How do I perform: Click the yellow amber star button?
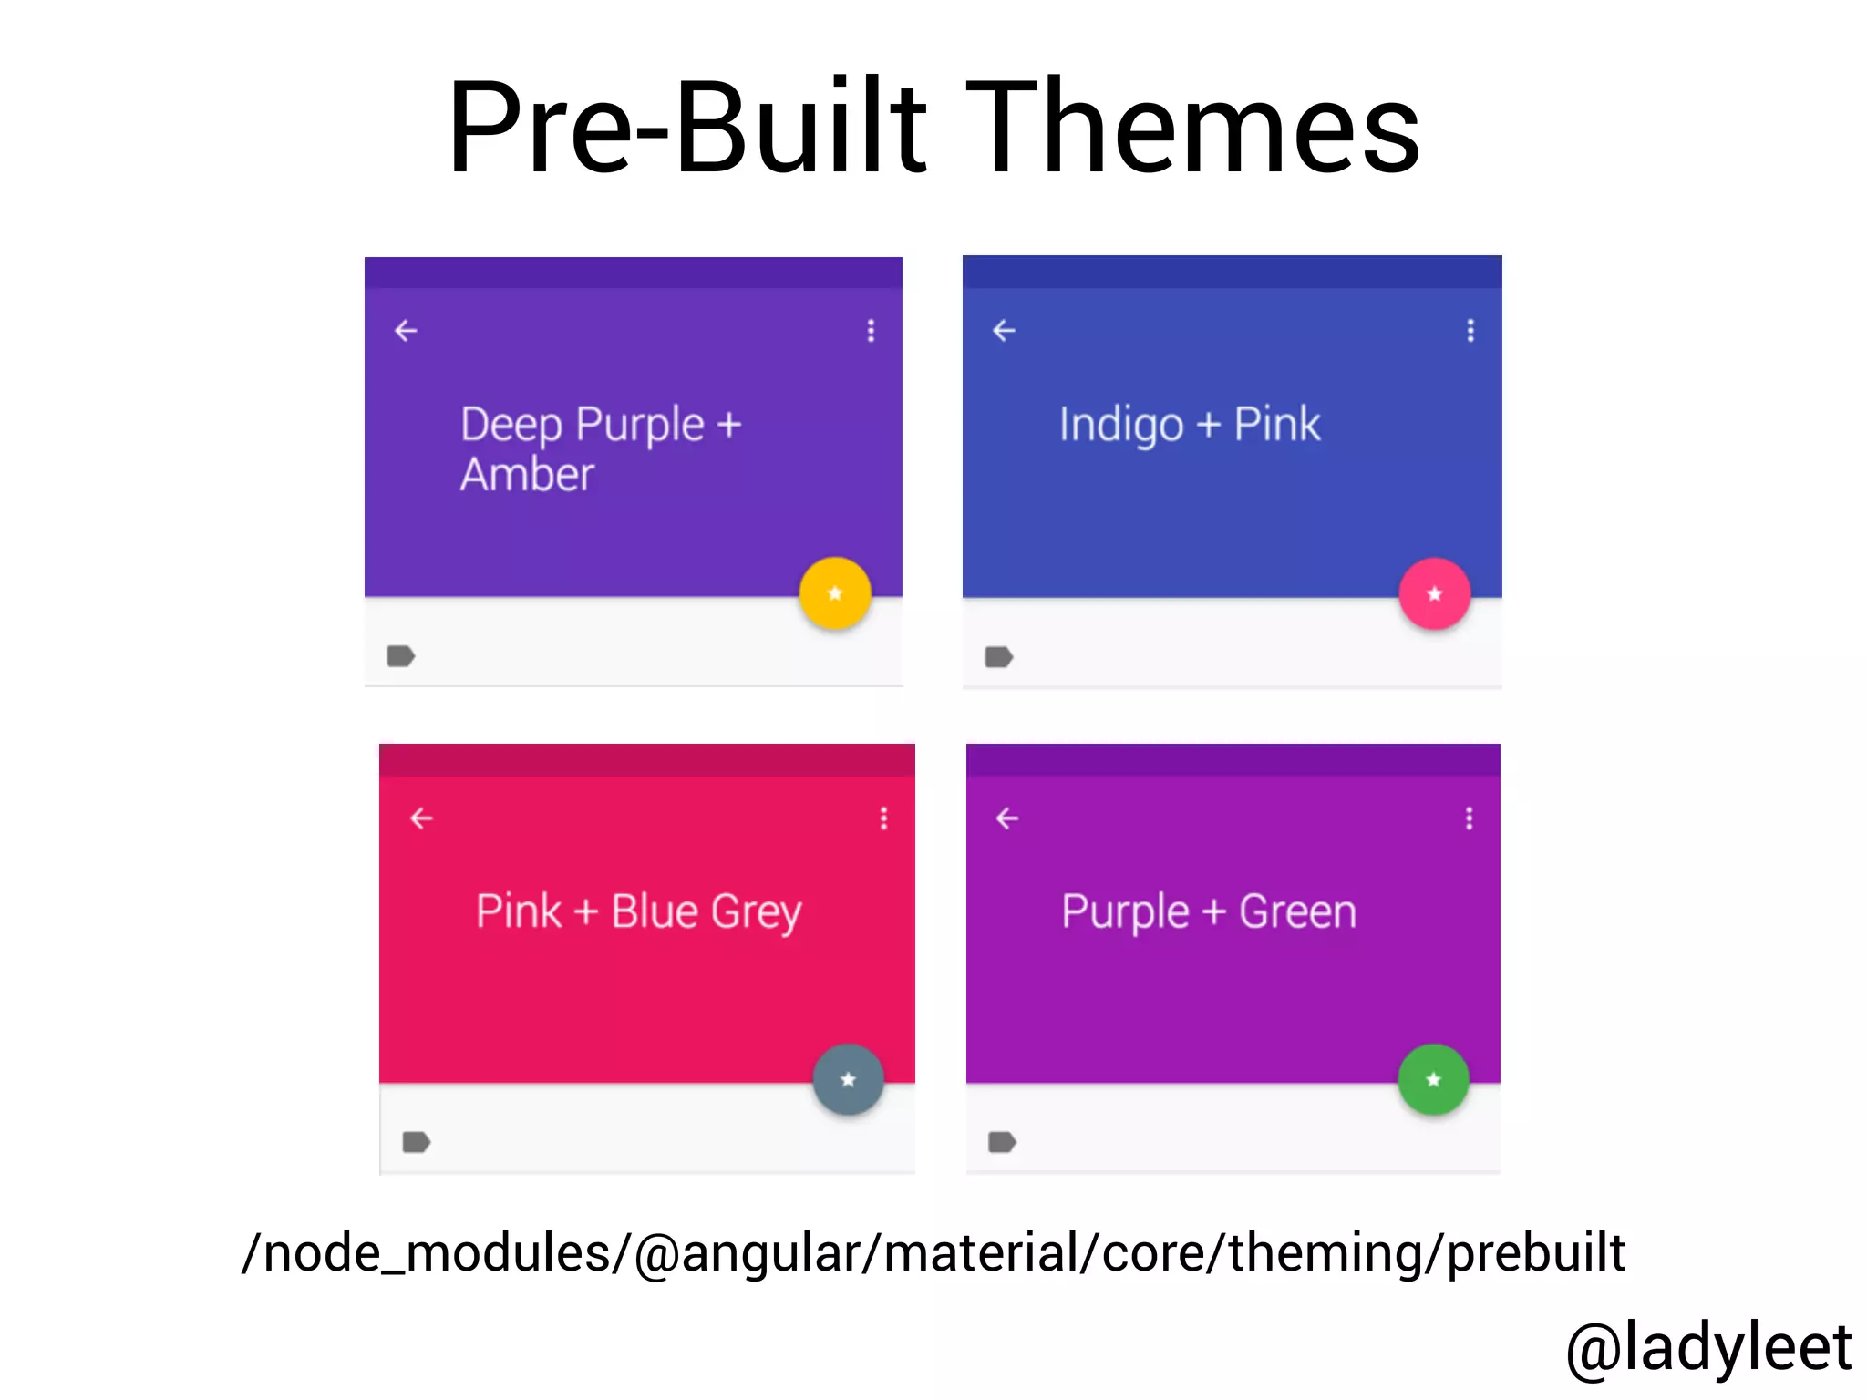pyautogui.click(x=835, y=593)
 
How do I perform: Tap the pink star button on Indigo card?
pyautogui.click(x=1434, y=594)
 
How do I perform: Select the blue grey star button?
pyautogui.click(x=848, y=1080)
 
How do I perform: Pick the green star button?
pyautogui.click(x=1433, y=1080)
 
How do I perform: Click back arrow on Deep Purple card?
pyautogui.click(x=406, y=331)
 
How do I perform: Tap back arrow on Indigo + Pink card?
pyautogui.click(x=1004, y=331)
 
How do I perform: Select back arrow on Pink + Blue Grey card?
pyautogui.click(x=421, y=818)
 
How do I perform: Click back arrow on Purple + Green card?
pyautogui.click(x=1007, y=818)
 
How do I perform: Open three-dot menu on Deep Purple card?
pyautogui.click(x=872, y=331)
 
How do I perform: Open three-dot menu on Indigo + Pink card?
pyautogui.click(x=1470, y=331)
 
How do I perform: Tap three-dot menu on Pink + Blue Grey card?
pyautogui.click(x=883, y=818)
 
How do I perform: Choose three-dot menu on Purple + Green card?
pyautogui.click(x=1469, y=818)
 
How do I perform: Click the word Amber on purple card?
pyautogui.click(x=527, y=475)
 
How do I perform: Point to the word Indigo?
pyautogui.click(x=1120, y=426)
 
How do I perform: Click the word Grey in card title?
pyautogui.click(x=756, y=912)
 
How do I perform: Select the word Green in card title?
pyautogui.click(x=1297, y=912)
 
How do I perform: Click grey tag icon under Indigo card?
pyautogui.click(x=999, y=657)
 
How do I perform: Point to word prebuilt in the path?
pyautogui.click(x=1535, y=1254)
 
